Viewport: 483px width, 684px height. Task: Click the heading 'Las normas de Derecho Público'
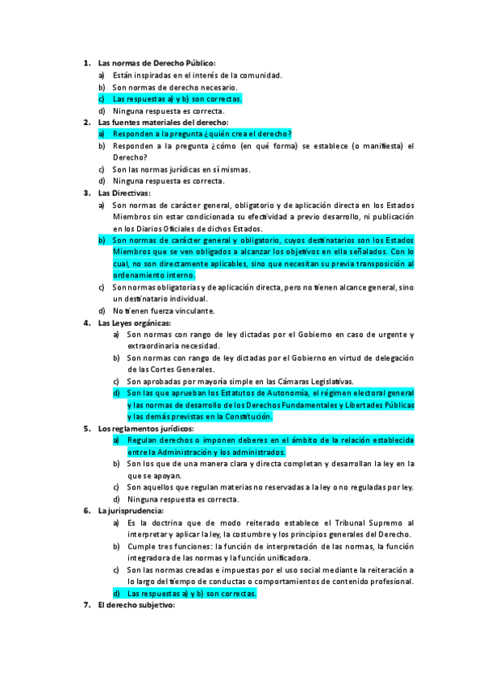pos(156,63)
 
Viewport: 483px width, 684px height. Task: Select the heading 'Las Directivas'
pos(123,193)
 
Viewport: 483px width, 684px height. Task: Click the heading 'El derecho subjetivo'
pos(135,605)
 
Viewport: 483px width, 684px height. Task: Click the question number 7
pos(87,605)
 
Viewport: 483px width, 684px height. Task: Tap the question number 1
pos(87,63)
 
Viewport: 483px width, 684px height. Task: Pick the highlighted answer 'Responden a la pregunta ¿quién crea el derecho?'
pos(202,134)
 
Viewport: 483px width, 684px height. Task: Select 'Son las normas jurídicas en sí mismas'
pos(181,169)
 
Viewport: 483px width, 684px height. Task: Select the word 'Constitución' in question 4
pos(245,416)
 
